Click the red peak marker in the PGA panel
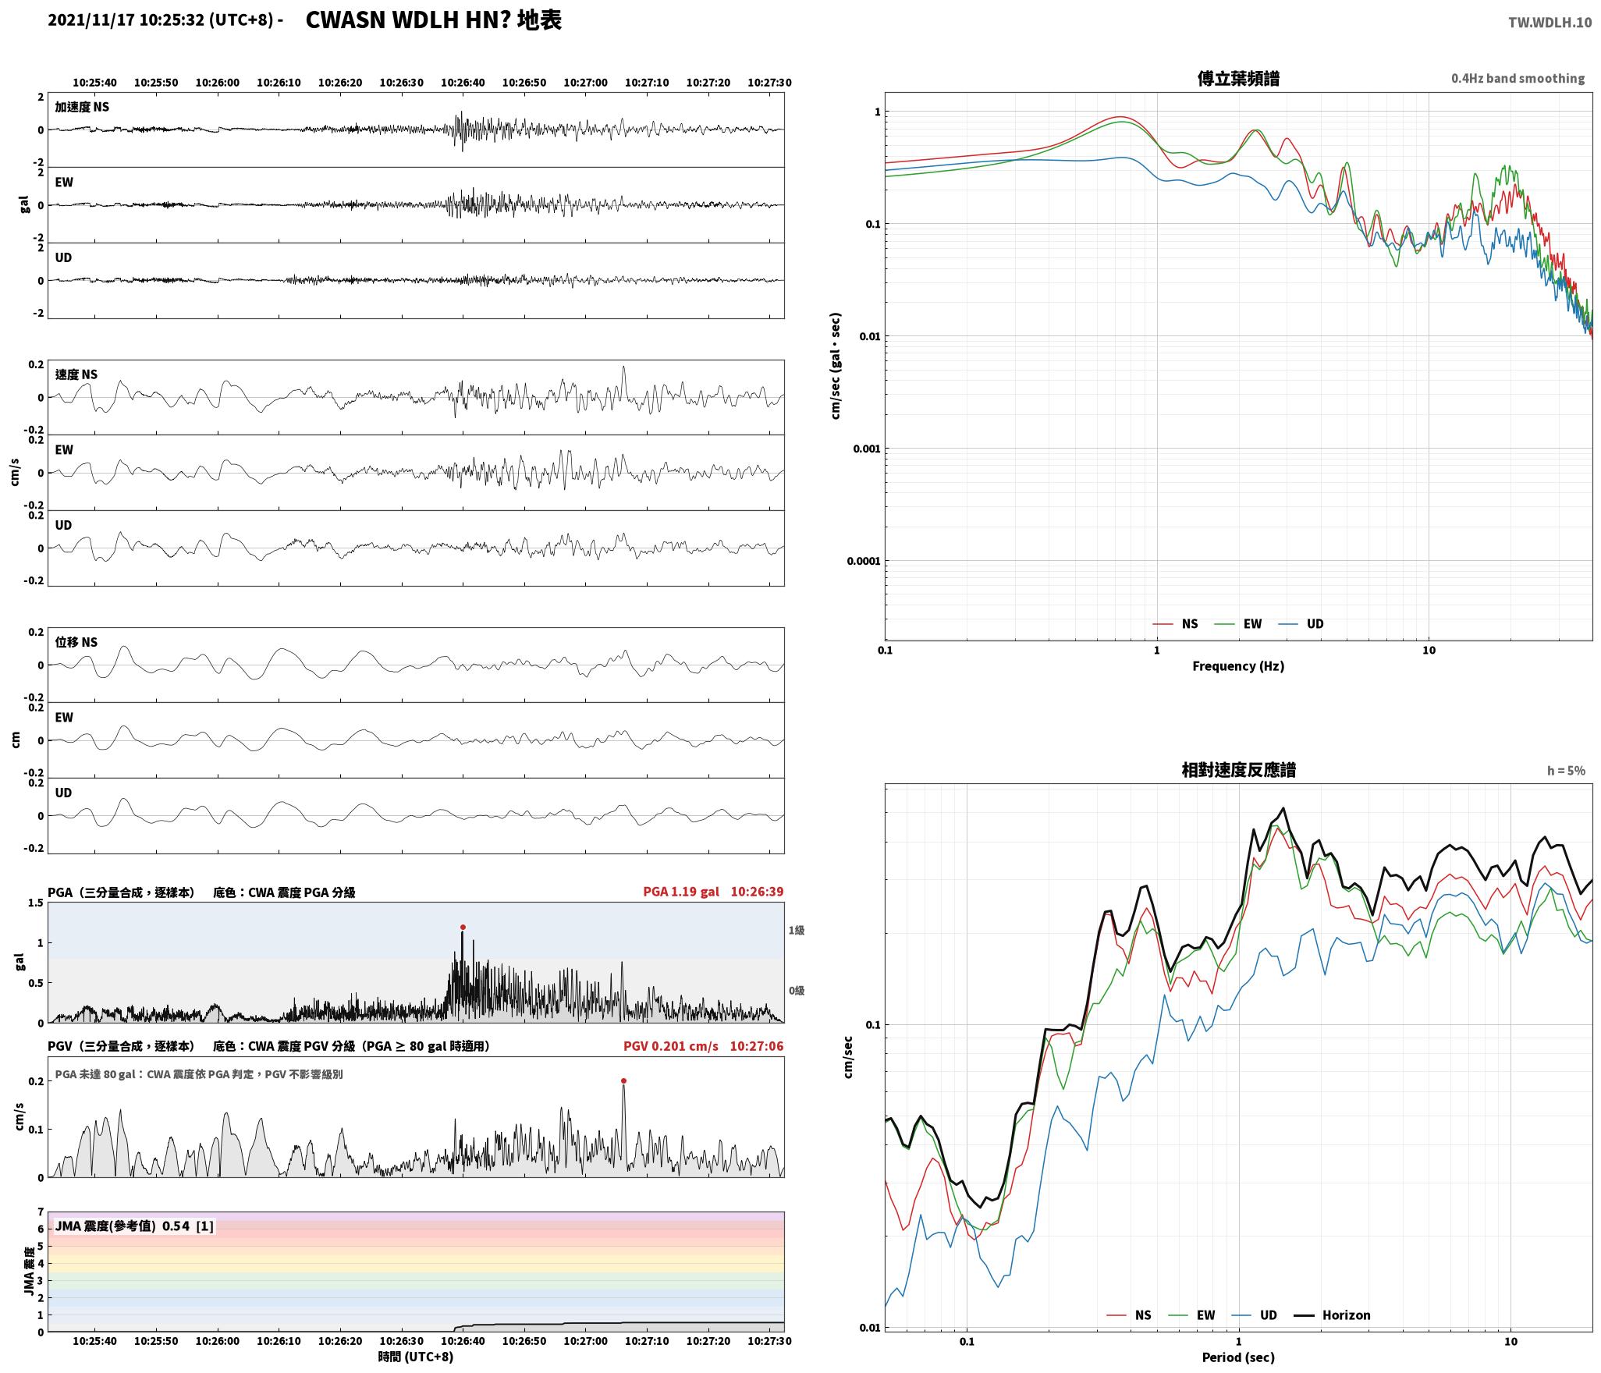(x=463, y=928)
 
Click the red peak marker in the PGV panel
(x=623, y=1081)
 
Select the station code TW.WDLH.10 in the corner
(x=1550, y=23)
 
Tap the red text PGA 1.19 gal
(x=681, y=892)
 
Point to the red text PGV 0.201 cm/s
(x=671, y=1046)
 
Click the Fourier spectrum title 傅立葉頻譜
(x=1238, y=79)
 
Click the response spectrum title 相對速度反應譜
(x=1238, y=770)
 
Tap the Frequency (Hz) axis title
(x=1238, y=666)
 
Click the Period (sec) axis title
(x=1238, y=1357)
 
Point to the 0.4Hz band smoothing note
(x=1518, y=79)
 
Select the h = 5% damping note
(x=1566, y=771)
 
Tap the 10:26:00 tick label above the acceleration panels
(x=218, y=83)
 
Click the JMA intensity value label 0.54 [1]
(x=187, y=1226)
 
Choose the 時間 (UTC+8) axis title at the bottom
(x=416, y=1357)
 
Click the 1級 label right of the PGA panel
(x=796, y=931)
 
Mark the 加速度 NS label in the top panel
(x=82, y=108)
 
